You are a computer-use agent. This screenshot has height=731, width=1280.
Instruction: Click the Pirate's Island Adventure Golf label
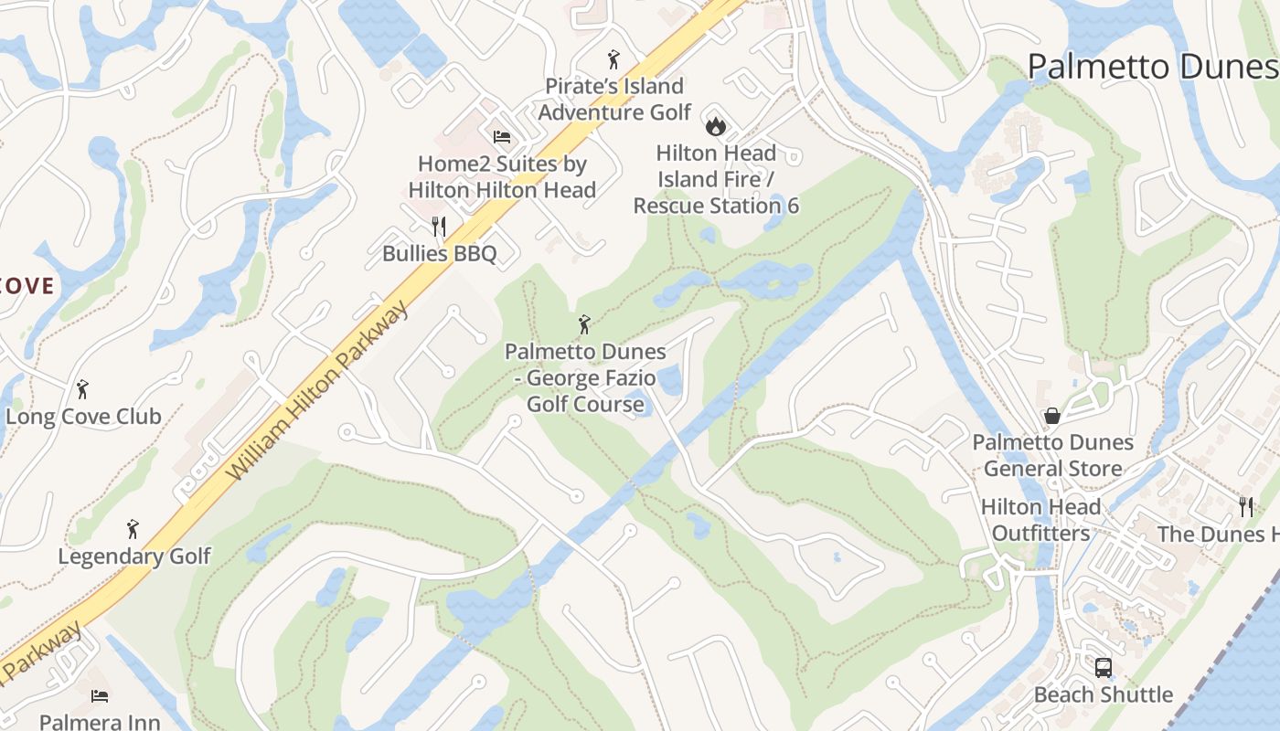tap(613, 99)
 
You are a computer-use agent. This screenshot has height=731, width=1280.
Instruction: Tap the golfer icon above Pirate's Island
tap(613, 60)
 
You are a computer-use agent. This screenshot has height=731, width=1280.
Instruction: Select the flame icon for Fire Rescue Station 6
tap(715, 122)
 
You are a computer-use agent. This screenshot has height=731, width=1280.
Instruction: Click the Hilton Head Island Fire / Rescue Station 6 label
tap(716, 179)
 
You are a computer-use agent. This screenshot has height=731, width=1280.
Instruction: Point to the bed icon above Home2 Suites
tap(501, 137)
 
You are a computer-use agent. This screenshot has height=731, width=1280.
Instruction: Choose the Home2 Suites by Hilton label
tap(502, 177)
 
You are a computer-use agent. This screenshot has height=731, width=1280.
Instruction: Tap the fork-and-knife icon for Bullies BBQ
tap(439, 226)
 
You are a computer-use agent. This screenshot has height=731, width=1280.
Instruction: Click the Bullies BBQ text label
tap(439, 253)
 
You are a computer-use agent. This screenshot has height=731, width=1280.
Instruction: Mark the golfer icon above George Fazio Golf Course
tap(584, 324)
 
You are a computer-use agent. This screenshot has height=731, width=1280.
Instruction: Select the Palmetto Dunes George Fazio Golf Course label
tap(585, 377)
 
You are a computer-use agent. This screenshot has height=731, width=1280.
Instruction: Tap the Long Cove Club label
tap(83, 417)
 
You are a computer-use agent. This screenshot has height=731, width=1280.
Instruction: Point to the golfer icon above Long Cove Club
tap(82, 389)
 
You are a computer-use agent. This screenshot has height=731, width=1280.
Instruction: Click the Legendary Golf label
tap(133, 556)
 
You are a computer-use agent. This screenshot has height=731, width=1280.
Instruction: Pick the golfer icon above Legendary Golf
tap(133, 529)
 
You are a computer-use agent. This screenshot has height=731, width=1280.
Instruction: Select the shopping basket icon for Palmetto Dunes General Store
tap(1052, 416)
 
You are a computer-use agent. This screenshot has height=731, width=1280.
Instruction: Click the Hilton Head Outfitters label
tap(1040, 520)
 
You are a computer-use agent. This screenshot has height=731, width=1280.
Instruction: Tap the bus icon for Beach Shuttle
tap(1103, 668)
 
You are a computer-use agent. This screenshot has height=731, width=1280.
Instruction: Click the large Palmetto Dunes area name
tap(1152, 67)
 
